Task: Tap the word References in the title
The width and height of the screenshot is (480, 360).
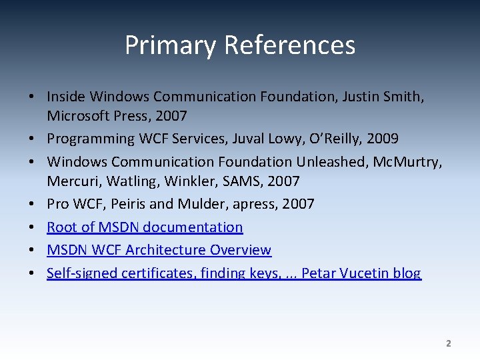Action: click(289, 45)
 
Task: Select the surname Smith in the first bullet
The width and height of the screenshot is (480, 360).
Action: click(403, 97)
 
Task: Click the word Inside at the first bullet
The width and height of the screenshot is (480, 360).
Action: click(66, 97)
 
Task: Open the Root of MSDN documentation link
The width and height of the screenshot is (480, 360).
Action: click(145, 227)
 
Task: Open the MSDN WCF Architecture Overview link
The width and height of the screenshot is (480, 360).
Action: click(159, 250)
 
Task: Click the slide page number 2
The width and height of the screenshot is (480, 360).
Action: click(448, 344)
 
